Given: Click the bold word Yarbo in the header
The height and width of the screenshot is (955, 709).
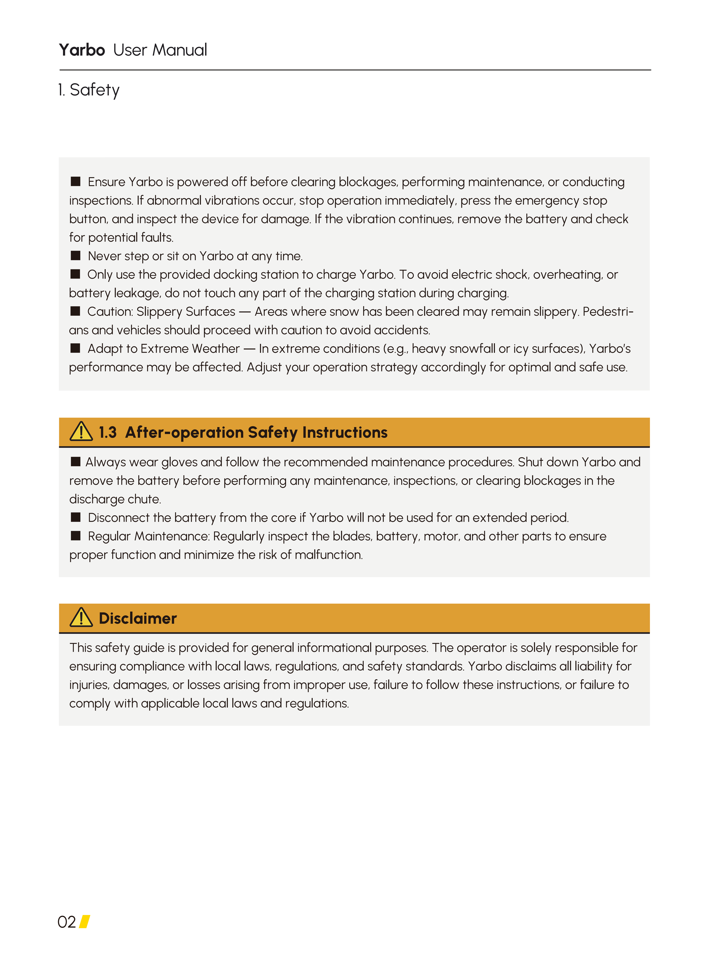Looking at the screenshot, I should (x=82, y=50).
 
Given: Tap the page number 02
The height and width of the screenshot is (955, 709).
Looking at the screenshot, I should (x=67, y=922).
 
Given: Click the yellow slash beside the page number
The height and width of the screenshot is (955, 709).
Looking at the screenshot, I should (x=85, y=922).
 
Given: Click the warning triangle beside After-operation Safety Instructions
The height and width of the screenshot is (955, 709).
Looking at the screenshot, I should (x=81, y=432).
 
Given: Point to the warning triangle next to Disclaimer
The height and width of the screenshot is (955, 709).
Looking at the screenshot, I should (x=81, y=618).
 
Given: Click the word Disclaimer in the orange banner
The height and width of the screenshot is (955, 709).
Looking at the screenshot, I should (x=138, y=618).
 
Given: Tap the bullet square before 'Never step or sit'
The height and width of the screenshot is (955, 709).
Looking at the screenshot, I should (x=76, y=256).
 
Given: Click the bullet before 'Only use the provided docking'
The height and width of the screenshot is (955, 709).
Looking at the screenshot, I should (x=76, y=274).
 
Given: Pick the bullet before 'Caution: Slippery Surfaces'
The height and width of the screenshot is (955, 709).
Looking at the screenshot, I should (x=76, y=311).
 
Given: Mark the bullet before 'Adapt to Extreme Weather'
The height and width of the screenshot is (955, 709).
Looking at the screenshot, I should (x=76, y=348).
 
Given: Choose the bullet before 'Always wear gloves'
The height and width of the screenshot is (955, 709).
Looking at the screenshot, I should (x=76, y=462).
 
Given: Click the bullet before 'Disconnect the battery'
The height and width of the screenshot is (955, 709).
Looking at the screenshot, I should (x=76, y=517).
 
